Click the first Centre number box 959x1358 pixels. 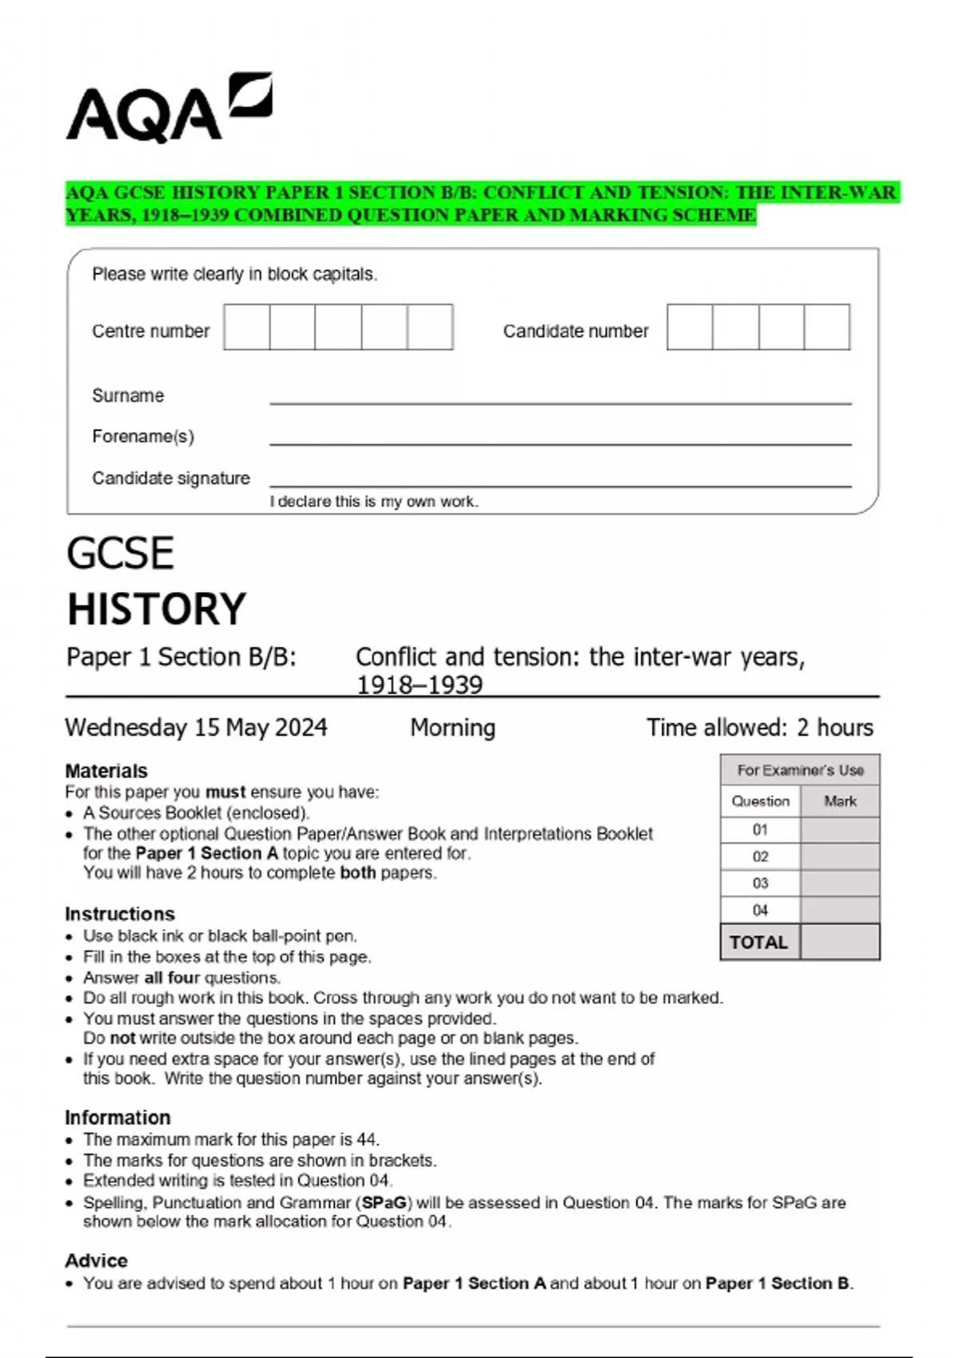click(x=247, y=328)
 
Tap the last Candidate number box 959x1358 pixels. click(x=826, y=328)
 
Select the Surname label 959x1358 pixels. click(x=128, y=395)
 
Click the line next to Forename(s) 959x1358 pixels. click(x=559, y=442)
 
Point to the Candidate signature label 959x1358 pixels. click(x=171, y=478)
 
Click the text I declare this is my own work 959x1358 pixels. click(x=374, y=502)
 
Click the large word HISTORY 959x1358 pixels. click(x=157, y=609)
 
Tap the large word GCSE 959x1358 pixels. click(x=120, y=553)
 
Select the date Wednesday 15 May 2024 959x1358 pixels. click(x=196, y=727)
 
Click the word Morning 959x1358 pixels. click(x=452, y=727)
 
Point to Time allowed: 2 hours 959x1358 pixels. click(x=759, y=727)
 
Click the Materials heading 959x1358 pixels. click(x=106, y=771)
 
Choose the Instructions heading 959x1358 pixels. click(x=120, y=914)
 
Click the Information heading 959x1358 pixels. click(x=117, y=1118)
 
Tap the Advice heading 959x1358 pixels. click(x=97, y=1261)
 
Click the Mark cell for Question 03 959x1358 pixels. click(x=839, y=883)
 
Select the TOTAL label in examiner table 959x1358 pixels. click(x=759, y=943)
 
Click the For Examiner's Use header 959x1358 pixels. click(x=800, y=770)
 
